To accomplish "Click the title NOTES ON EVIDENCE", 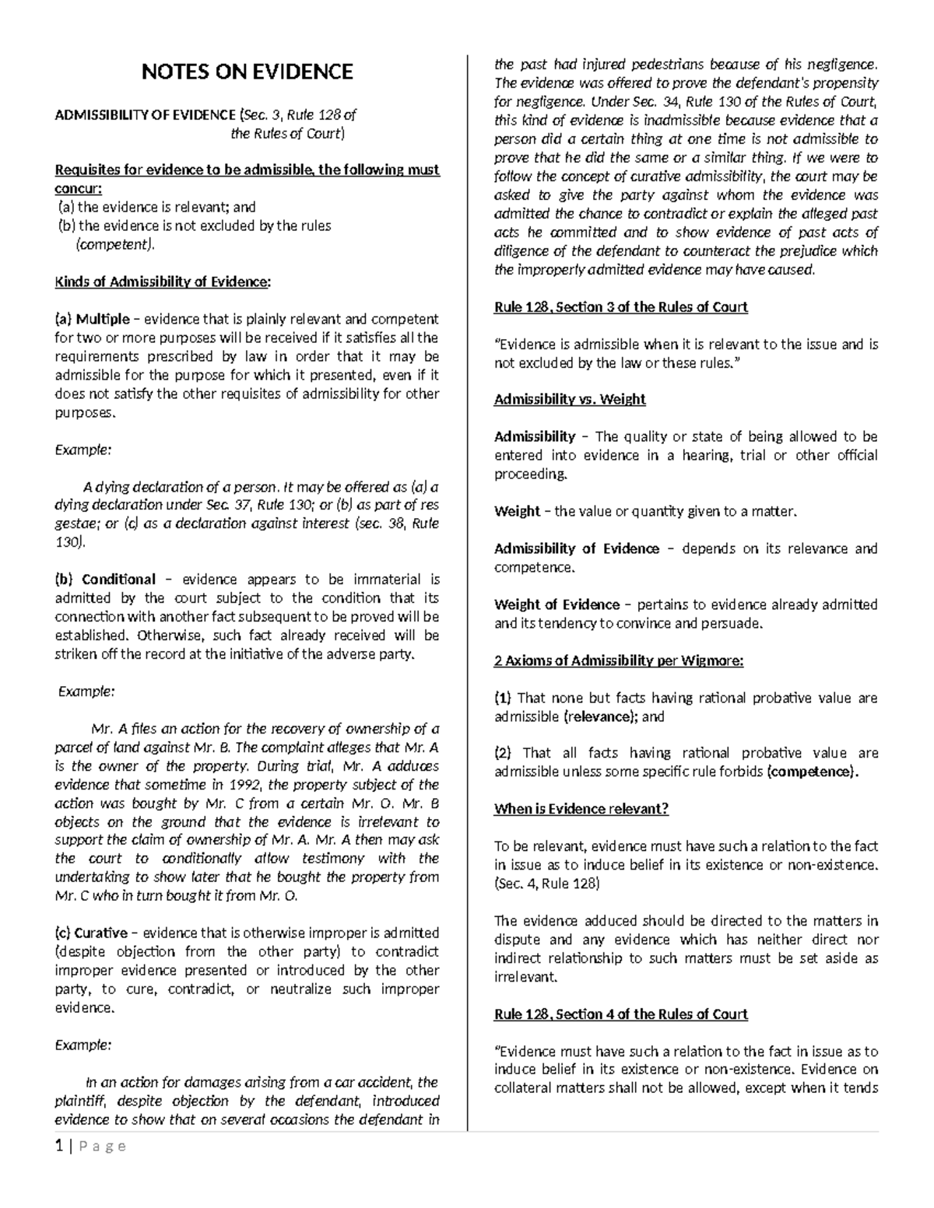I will (247, 72).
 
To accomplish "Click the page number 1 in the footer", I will (58, 1146).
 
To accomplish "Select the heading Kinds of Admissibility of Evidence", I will (163, 282).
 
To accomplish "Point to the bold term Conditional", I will (118, 579).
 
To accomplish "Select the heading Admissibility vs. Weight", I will (570, 400).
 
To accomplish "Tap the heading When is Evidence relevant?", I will (581, 809).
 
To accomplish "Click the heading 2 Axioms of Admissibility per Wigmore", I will (619, 661).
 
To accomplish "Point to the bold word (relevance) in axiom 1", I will (599, 716).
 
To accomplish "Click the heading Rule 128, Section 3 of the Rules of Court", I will (620, 307).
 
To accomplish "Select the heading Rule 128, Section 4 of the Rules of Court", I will (620, 1014).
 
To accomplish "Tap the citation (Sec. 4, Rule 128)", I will (546, 884).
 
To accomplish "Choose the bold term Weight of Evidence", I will (557, 605).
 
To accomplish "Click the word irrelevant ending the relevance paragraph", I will (525, 977).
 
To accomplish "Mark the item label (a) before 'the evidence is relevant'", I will (67, 208).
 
